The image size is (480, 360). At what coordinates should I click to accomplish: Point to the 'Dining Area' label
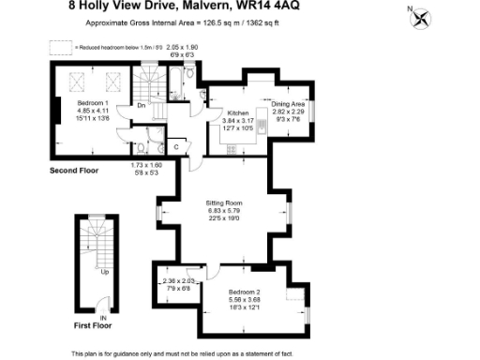point(289,104)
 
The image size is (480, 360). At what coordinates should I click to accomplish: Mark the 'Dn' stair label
point(140,105)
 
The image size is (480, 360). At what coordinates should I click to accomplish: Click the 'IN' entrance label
point(104,318)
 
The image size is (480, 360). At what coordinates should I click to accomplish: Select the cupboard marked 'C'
point(176,146)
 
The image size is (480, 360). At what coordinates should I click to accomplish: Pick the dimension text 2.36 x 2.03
point(178,280)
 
